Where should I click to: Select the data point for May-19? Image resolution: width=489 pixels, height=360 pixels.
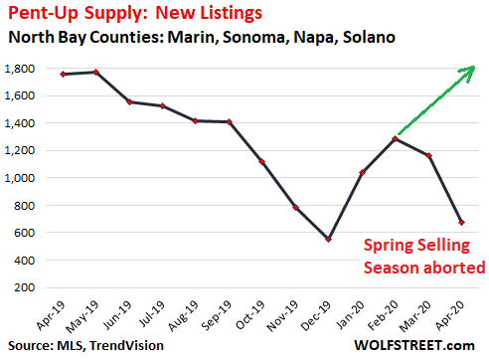tap(94, 72)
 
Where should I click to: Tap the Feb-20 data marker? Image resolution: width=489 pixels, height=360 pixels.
tap(396, 139)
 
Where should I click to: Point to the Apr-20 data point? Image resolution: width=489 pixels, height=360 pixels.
tap(461, 223)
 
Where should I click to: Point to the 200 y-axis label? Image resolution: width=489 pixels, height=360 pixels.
tap(28, 287)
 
